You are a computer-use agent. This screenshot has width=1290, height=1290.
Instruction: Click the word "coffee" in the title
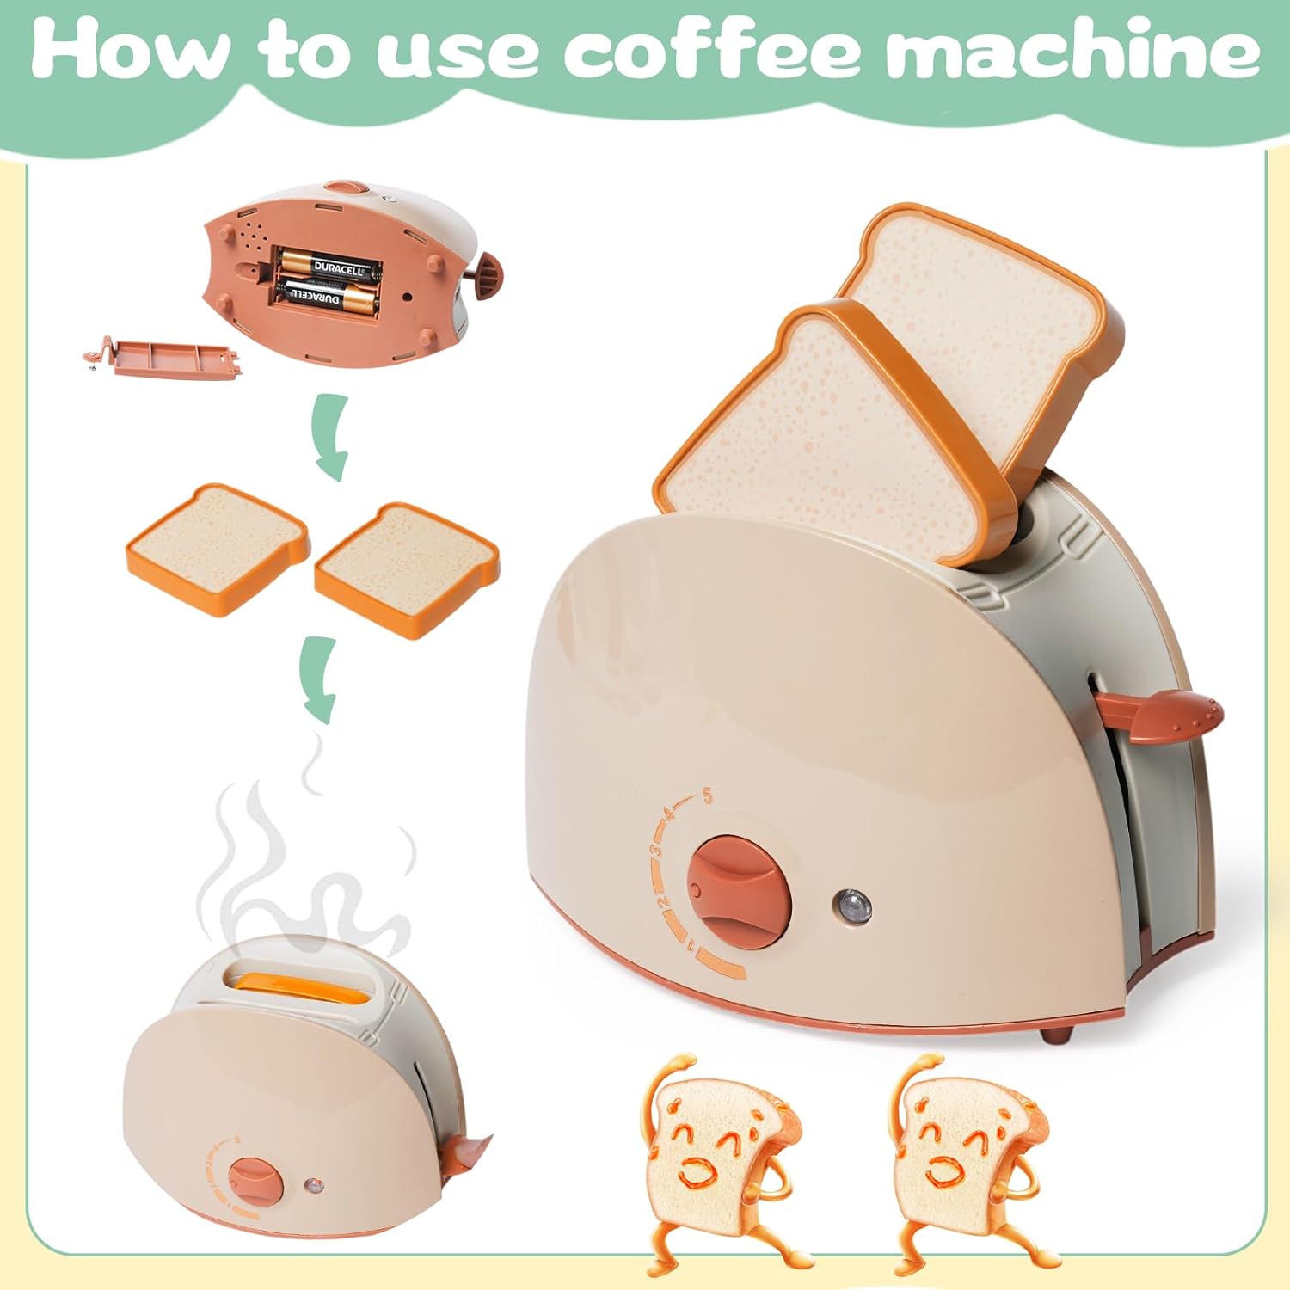pos(712,53)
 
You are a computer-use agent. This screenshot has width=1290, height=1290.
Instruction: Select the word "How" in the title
pos(129,53)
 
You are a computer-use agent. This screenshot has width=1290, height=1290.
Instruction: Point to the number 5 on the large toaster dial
pos(708,795)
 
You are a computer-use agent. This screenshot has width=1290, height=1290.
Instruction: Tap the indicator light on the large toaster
pos(851,904)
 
